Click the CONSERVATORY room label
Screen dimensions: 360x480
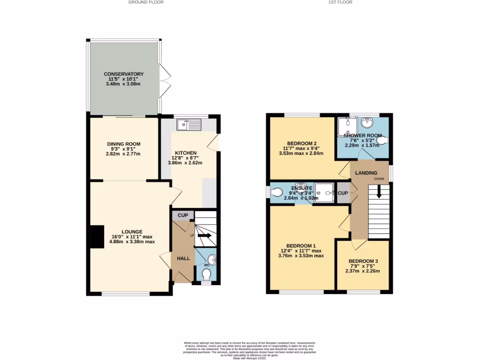click(124, 74)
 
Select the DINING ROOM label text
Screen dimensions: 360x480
click(124, 144)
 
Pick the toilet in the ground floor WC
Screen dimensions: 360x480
click(206, 274)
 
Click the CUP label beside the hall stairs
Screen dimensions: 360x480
click(183, 215)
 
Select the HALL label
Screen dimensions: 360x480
click(183, 258)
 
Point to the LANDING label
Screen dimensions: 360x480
click(366, 173)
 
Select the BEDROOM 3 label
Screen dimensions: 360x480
click(363, 261)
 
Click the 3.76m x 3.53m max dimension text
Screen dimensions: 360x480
click(301, 255)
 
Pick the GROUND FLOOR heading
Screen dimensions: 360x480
click(146, 2)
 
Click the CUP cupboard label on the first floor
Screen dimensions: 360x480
click(343, 193)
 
